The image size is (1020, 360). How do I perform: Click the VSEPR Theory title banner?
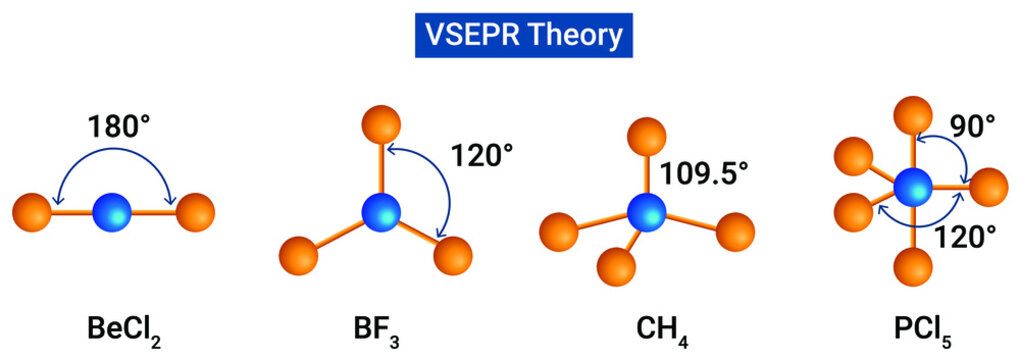(x=510, y=36)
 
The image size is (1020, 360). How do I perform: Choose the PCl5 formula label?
(x=914, y=329)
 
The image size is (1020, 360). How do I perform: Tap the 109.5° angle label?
(x=703, y=171)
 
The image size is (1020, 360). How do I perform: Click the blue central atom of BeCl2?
(x=112, y=212)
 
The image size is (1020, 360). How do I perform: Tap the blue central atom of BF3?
(x=380, y=212)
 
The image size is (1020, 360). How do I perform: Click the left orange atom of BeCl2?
(x=33, y=212)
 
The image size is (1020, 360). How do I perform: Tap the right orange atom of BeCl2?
(x=194, y=212)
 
